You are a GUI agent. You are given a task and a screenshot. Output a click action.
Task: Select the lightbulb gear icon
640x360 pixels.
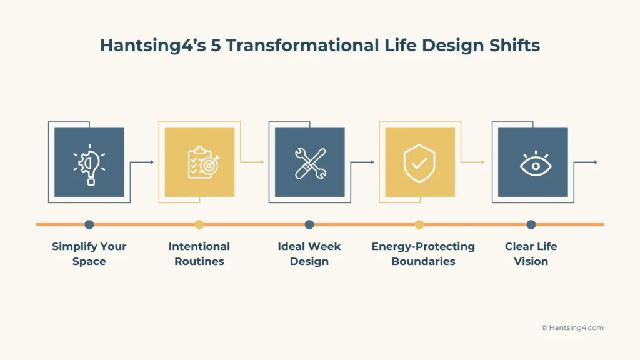(x=89, y=162)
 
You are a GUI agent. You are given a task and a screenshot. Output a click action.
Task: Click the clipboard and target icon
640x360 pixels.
(x=199, y=162)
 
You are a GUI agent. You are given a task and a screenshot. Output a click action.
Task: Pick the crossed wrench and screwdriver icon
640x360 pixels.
(x=309, y=162)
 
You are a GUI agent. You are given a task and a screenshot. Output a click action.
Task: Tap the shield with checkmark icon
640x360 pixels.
(x=419, y=162)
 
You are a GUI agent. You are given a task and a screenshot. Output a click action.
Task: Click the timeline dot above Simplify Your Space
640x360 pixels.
(x=89, y=224)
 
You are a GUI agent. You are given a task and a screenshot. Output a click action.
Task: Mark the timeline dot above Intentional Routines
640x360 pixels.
(x=199, y=224)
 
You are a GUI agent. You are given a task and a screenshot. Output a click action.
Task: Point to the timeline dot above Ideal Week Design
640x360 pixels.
(x=309, y=224)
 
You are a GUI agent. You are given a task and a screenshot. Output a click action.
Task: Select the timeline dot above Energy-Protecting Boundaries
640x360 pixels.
(x=419, y=224)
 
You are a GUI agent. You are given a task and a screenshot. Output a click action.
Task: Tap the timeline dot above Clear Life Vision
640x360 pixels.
(x=531, y=224)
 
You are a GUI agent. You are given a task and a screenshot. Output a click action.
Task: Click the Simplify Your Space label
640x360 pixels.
(x=89, y=254)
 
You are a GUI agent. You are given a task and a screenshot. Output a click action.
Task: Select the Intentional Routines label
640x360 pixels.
(x=199, y=254)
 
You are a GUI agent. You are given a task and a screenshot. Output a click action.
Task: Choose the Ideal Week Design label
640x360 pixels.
(x=309, y=254)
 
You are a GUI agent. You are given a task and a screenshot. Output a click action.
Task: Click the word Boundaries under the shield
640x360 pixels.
(x=423, y=261)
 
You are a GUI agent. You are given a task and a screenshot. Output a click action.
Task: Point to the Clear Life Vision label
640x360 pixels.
(x=531, y=254)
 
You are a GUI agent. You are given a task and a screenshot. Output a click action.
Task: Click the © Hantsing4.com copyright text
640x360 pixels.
(x=572, y=327)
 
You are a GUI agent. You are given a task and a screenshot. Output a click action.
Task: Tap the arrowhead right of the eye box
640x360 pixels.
(x=595, y=162)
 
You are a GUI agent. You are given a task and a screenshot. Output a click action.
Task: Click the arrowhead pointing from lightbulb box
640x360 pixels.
(x=151, y=162)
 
